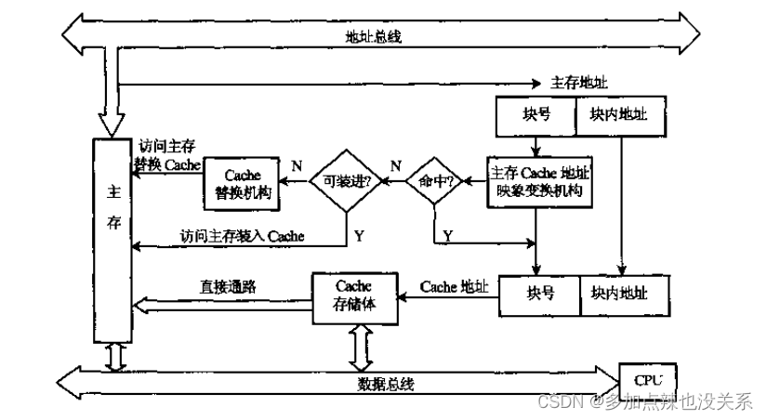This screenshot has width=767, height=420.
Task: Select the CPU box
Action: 647,380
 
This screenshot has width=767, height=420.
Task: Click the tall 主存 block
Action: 113,241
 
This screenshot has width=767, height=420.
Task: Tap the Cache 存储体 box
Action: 353,295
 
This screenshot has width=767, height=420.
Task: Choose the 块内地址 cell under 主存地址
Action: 619,118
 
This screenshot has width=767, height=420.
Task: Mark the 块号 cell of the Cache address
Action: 540,293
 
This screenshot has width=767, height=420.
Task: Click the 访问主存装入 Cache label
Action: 243,236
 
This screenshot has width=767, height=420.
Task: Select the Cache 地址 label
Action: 454,287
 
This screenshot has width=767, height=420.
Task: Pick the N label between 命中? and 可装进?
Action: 395,166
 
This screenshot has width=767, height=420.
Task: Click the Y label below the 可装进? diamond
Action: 359,236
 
